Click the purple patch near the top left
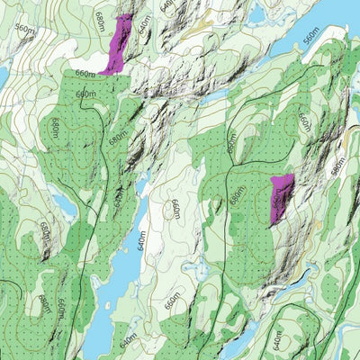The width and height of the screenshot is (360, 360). point(117,45)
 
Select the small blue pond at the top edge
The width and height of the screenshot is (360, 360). point(255,12)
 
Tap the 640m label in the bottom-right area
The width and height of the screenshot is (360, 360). point(275,340)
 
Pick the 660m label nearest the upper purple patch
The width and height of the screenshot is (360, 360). point(85,74)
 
